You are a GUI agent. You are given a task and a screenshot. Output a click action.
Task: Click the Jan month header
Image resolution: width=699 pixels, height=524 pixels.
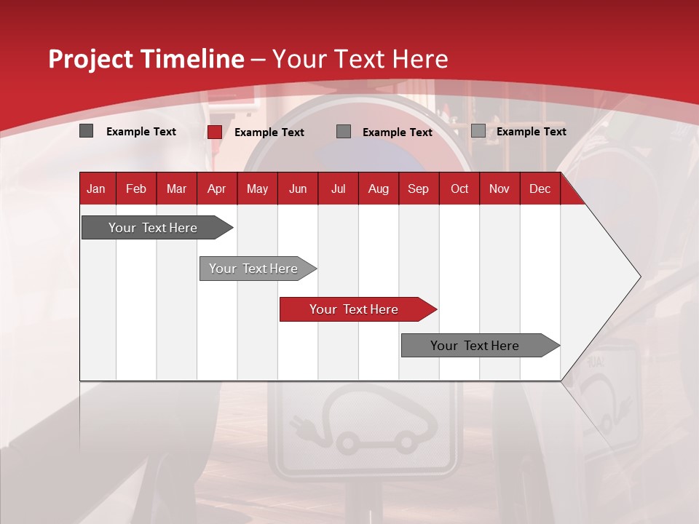pyautogui.click(x=96, y=189)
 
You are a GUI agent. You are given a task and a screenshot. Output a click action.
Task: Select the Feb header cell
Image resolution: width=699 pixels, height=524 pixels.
pyautogui.click(x=136, y=189)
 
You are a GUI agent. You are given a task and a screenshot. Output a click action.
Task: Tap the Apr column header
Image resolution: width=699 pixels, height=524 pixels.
pyautogui.click(x=216, y=189)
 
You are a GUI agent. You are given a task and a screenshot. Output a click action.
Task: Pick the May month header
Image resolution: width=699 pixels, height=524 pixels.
pyautogui.click(x=257, y=189)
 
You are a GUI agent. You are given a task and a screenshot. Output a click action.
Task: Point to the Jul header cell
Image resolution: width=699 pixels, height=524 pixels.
pyautogui.click(x=338, y=189)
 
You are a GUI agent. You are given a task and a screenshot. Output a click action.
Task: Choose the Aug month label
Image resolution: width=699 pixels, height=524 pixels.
pyautogui.click(x=378, y=189)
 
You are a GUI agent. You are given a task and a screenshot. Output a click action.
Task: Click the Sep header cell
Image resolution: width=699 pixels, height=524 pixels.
pyautogui.click(x=418, y=189)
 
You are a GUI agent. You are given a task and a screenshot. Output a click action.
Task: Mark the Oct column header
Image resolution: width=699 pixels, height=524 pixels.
pyautogui.click(x=459, y=189)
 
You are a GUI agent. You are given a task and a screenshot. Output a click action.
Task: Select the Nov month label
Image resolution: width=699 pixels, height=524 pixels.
pyautogui.click(x=499, y=189)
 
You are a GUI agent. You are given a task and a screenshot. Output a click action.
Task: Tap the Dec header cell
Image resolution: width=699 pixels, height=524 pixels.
pyautogui.click(x=540, y=189)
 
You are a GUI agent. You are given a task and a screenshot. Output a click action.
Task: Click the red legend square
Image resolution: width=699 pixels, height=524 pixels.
pyautogui.click(x=214, y=132)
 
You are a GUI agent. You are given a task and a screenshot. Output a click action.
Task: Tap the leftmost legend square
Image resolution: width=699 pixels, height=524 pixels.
pyautogui.click(x=87, y=131)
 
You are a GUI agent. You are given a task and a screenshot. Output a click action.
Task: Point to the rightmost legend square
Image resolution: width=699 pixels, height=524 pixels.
pyautogui.click(x=478, y=131)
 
